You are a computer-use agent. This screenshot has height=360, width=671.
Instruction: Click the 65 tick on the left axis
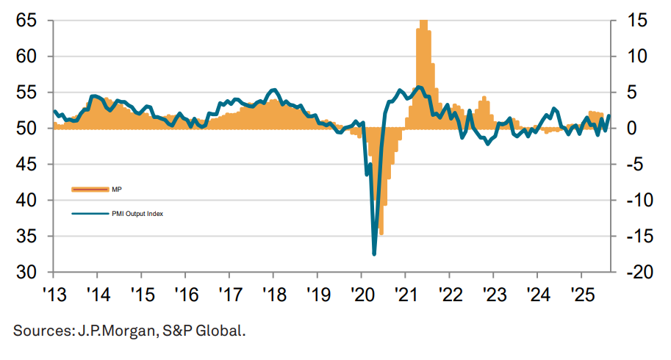(x=26, y=21)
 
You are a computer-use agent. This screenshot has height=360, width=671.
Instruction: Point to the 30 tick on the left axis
(x=26, y=272)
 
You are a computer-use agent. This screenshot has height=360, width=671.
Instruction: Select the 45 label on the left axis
(x=26, y=164)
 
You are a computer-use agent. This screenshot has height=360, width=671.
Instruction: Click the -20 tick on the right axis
(x=634, y=272)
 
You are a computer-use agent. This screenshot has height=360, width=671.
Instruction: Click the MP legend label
(x=117, y=190)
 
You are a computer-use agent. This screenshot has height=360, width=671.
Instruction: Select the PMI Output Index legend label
(x=137, y=214)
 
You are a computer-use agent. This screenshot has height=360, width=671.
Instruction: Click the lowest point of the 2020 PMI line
(x=374, y=254)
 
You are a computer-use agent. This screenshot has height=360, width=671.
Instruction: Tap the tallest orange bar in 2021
(x=423, y=22)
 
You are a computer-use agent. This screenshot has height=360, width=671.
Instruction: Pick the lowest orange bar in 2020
(x=381, y=234)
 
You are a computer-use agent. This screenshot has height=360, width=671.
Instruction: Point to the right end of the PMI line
(x=609, y=116)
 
